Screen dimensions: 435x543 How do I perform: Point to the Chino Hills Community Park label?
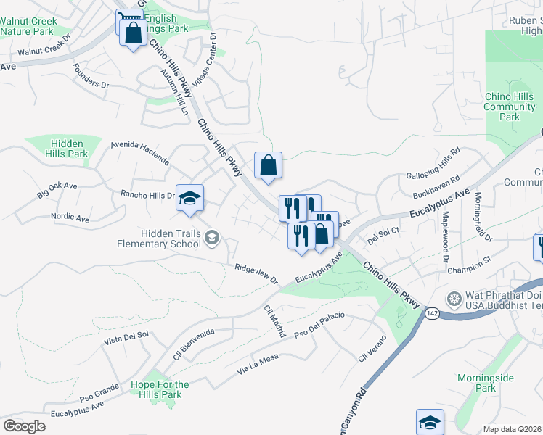tap(510, 107)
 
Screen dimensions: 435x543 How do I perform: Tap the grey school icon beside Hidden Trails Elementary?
tap(212, 236)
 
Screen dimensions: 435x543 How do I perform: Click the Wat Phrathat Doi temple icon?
tap(454, 299)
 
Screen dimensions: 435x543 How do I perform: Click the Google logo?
tap(25, 426)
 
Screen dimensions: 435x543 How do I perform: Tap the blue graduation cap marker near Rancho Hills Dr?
tap(189, 198)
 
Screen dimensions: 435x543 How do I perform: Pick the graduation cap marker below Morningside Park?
tap(430, 422)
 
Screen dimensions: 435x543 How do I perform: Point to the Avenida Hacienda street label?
tap(139, 153)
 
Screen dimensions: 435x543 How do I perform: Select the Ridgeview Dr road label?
tap(256, 273)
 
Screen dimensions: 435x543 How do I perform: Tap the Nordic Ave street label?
tap(70, 217)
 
